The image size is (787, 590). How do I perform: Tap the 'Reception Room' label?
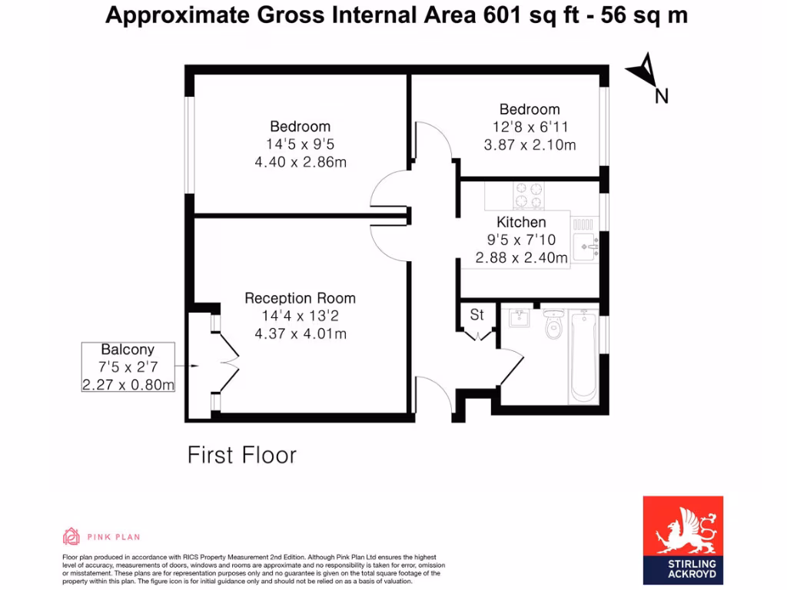[300, 298]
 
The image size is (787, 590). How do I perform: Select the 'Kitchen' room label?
[521, 222]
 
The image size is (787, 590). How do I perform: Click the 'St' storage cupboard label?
[477, 315]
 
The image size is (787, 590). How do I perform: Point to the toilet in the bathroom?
[553, 326]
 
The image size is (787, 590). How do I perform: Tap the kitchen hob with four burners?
[528, 195]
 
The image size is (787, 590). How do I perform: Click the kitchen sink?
[585, 245]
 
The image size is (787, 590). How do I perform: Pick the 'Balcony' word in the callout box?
[128, 349]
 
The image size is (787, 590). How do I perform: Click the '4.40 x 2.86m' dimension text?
[300, 162]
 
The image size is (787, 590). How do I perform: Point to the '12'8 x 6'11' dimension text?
[530, 127]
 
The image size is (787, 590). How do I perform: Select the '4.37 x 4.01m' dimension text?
[300, 334]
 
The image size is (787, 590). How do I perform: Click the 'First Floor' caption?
[241, 455]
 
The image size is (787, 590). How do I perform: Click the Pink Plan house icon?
[71, 536]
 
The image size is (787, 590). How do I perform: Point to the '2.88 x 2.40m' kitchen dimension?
[521, 258]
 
